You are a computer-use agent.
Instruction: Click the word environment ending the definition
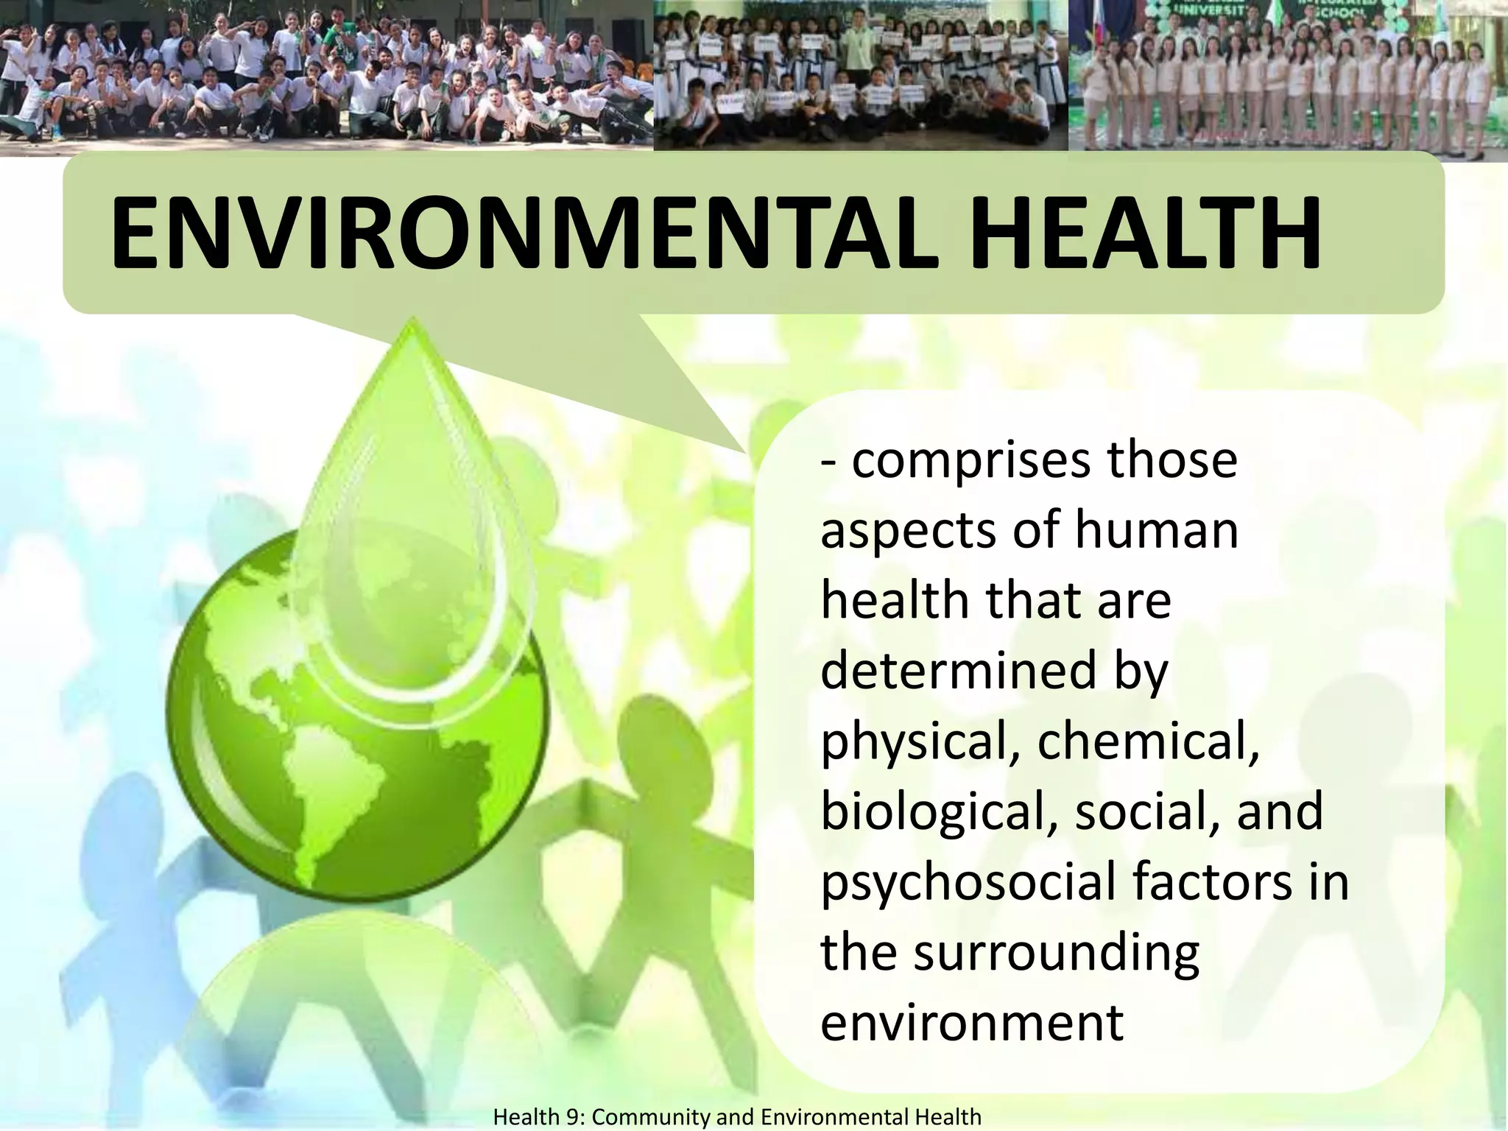(x=972, y=1022)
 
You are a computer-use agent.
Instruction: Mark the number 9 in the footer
(x=571, y=1117)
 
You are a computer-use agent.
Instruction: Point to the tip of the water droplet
(x=413, y=321)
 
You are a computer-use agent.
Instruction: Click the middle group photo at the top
(x=860, y=75)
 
